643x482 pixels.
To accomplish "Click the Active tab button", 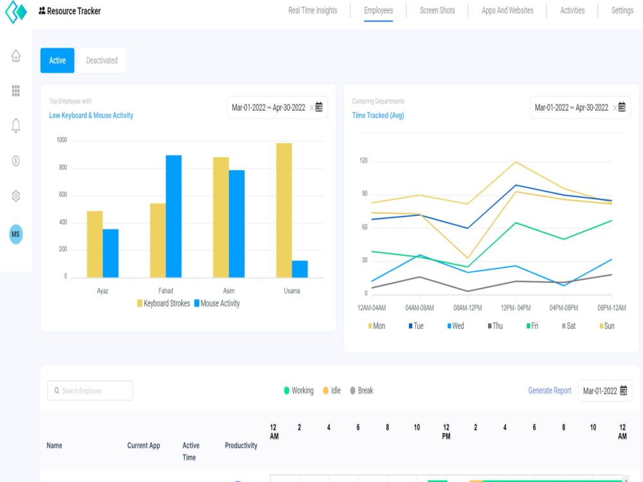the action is [x=57, y=60].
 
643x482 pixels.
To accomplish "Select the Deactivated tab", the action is [x=102, y=60].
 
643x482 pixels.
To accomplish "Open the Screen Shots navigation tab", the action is [x=437, y=11].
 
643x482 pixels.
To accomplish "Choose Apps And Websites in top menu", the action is [x=507, y=11].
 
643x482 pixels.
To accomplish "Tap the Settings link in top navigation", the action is [x=622, y=11].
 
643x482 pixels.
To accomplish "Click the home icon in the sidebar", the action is [x=16, y=56].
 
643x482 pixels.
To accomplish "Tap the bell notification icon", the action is [x=16, y=125].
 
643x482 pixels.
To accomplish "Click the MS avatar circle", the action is [x=16, y=235].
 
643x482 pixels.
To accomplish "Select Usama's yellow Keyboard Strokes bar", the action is [x=284, y=210].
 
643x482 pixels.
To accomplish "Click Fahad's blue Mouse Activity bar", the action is [x=174, y=217].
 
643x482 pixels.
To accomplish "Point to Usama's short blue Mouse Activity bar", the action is [x=300, y=269].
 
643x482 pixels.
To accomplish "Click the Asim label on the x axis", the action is [x=229, y=291].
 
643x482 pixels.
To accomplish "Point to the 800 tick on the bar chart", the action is [x=63, y=167].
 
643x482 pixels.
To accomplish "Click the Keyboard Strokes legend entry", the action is [x=163, y=303].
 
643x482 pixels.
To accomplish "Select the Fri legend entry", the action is [x=532, y=326].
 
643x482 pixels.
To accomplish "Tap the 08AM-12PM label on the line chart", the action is [x=467, y=308].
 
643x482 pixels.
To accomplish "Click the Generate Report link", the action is [x=550, y=391].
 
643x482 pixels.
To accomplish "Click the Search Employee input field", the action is [x=90, y=391].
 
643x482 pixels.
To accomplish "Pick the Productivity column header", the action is [x=240, y=445].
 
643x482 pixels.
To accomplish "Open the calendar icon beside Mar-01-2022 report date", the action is [x=623, y=390].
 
